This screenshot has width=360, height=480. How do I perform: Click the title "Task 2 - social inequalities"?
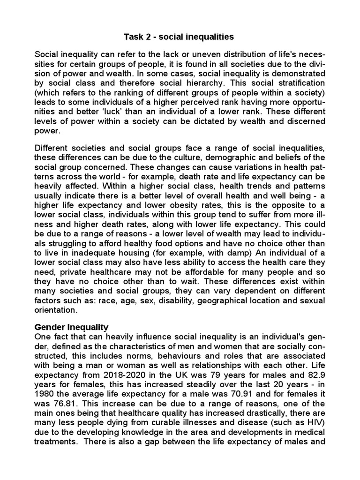[180, 36]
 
